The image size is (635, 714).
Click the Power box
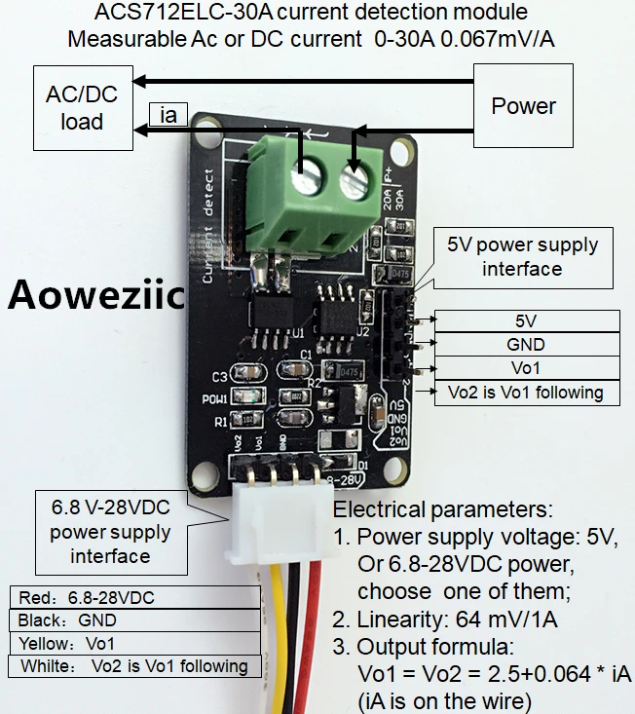pos(524,105)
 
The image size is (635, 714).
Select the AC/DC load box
pos(82,107)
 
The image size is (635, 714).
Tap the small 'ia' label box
pos(169,115)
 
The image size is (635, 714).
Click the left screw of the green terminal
pos(309,180)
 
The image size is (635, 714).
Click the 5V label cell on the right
pos(526,320)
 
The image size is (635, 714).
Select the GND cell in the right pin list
pos(526,344)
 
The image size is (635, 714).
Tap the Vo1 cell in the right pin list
pos(526,368)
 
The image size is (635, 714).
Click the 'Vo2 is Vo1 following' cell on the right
pos(526,393)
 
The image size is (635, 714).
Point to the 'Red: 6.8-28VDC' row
pos(133,596)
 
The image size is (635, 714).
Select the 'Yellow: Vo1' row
pos(133,643)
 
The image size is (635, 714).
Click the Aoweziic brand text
pos(96,293)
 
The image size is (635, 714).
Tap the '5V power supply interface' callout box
pos(522,257)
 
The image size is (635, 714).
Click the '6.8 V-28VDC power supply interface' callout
pos(110,533)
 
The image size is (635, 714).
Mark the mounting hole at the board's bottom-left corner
pos(205,473)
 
